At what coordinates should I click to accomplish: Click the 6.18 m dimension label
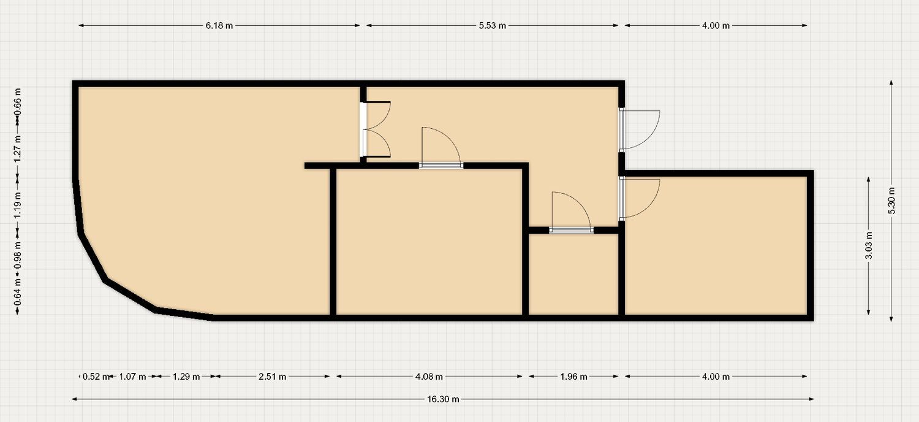[x=219, y=26]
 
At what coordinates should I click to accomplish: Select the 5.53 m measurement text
[x=493, y=26]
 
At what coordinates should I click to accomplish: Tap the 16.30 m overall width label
[x=443, y=399]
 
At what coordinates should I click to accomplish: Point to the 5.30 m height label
[x=891, y=201]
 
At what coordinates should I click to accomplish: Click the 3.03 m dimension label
[x=869, y=246]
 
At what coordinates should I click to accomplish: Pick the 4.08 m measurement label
[x=429, y=377]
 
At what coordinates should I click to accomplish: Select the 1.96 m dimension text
[x=573, y=377]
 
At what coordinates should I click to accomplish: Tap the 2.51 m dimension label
[x=273, y=377]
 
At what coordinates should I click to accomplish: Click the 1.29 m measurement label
[x=186, y=377]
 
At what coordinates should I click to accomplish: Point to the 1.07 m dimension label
[x=132, y=377]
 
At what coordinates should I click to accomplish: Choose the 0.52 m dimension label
[x=96, y=377]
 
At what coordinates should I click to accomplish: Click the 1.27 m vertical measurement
[x=18, y=148]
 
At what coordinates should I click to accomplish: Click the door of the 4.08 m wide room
[x=441, y=148]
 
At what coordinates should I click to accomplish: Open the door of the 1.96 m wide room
[x=571, y=212]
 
